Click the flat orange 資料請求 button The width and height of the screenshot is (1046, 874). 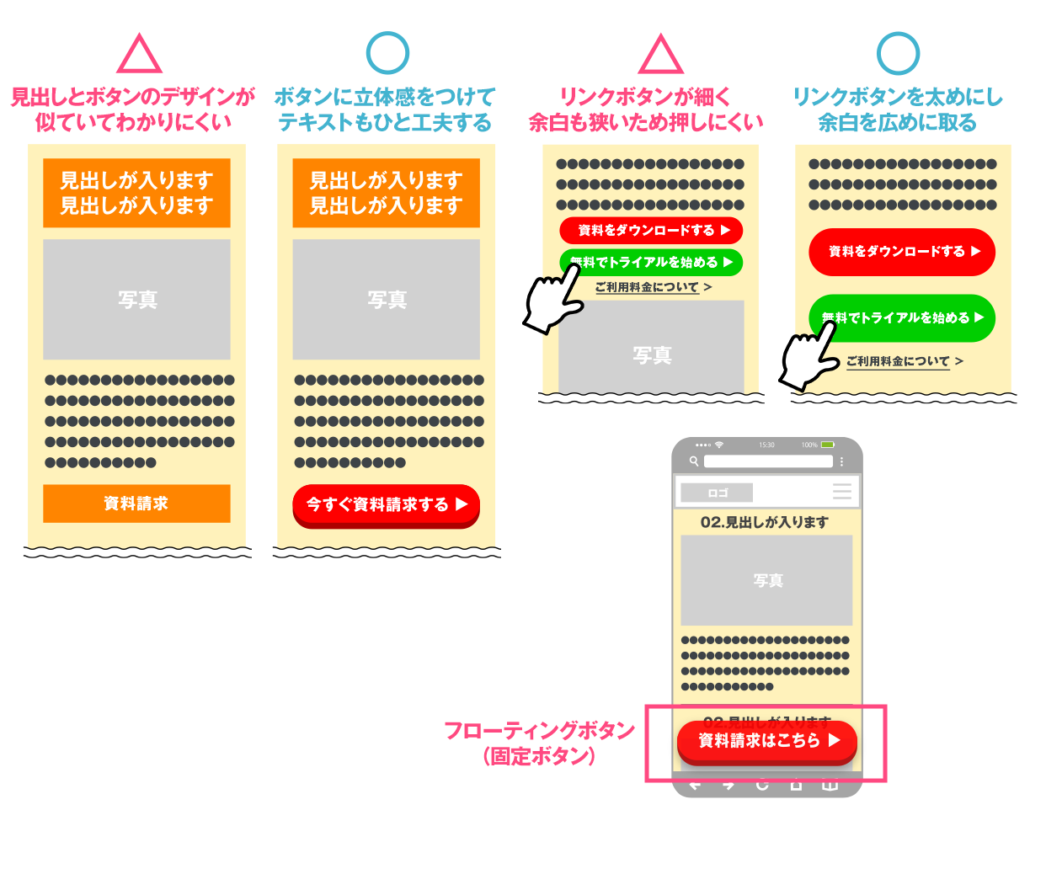click(x=136, y=504)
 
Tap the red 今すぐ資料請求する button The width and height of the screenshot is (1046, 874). click(x=386, y=505)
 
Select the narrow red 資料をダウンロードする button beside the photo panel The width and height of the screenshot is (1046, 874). click(x=650, y=230)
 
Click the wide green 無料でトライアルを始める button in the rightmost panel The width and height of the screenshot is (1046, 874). click(x=902, y=317)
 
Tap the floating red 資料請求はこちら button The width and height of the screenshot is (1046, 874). click(x=766, y=741)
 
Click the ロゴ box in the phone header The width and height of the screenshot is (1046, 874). click(x=717, y=493)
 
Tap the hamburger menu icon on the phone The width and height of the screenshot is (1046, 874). click(x=841, y=492)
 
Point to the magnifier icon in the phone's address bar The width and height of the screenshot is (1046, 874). click(x=694, y=461)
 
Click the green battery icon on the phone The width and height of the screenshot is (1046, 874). click(x=827, y=445)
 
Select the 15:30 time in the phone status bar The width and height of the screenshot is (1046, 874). click(x=766, y=445)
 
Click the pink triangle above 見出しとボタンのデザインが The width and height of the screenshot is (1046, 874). click(x=139, y=56)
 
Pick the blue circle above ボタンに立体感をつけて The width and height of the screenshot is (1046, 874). click(x=387, y=53)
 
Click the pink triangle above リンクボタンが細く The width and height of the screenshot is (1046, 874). click(x=661, y=56)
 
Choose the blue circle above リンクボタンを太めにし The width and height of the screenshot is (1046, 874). click(x=898, y=53)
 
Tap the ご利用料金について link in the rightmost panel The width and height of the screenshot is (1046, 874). click(x=898, y=361)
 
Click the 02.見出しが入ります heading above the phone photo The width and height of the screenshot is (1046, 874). click(x=765, y=522)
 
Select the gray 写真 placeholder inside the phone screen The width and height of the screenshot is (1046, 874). click(x=766, y=580)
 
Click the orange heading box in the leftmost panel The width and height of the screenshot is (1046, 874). click(x=136, y=193)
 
